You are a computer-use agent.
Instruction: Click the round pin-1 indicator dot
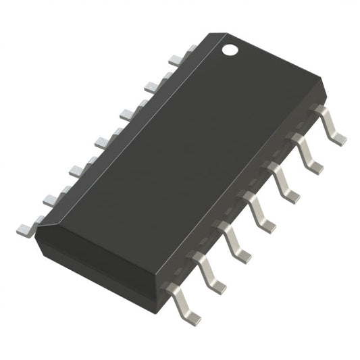230,49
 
